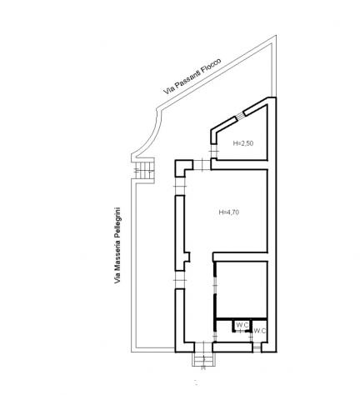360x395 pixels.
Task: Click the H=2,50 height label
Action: pos(243,143)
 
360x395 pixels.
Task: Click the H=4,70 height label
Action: pos(229,212)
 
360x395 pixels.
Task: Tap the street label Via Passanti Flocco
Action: pos(192,76)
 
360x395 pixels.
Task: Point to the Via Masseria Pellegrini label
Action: pos(117,245)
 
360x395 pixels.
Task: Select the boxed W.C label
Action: pos(242,325)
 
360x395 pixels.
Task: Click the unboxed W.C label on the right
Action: pos(260,331)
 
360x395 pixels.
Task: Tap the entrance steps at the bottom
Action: pos(203,359)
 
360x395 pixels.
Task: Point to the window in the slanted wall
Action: pos(240,116)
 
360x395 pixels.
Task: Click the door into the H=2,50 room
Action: pos(214,151)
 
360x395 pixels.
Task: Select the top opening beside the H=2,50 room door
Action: pos(202,165)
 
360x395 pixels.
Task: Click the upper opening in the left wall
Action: pos(180,186)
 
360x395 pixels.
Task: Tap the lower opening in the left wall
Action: pos(180,280)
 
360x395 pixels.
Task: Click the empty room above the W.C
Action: pos(241,289)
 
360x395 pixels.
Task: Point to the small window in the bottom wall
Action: pos(257,347)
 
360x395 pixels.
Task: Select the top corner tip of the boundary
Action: pos(276,35)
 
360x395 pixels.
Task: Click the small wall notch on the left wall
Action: pos(187,257)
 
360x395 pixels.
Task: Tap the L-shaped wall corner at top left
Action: pos(183,167)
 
